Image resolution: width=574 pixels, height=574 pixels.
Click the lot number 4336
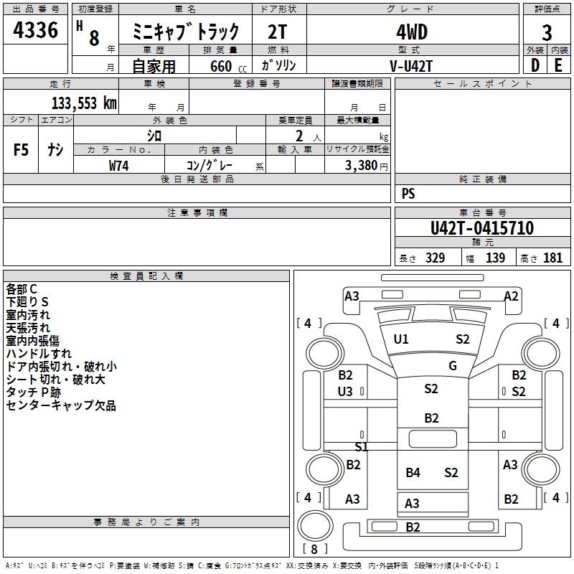35,29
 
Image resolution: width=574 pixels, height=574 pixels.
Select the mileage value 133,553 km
84,103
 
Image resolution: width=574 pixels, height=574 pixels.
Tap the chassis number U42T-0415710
482,227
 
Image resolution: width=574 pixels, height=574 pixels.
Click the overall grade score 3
547,32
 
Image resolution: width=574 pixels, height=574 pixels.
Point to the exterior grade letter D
535,65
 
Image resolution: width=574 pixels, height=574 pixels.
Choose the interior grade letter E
558,65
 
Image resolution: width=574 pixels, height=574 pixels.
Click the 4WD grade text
412,32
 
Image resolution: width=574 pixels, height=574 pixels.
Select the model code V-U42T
411,66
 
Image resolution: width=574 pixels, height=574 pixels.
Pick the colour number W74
118,166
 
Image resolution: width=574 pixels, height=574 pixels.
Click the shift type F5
21,150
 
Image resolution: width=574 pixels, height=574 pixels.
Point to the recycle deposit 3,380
361,165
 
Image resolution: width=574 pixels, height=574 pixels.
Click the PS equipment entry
408,193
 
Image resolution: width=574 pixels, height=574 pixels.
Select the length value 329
435,258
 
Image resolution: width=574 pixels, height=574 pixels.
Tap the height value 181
552,258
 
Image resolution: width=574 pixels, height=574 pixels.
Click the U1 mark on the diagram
401,339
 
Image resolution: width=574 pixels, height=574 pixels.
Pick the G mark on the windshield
453,365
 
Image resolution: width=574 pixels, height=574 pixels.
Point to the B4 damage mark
413,473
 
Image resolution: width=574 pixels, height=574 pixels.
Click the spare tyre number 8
314,549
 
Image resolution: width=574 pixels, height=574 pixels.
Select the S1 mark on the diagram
362,446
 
